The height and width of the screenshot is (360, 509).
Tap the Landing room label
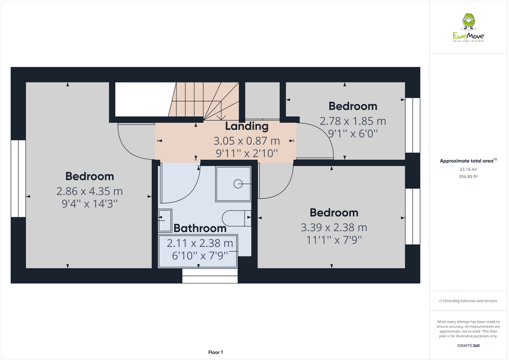pos(247,126)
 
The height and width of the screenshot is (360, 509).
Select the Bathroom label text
pos(200,228)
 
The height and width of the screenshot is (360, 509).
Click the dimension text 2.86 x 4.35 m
pos(89,191)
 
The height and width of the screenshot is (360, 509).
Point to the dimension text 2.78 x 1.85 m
pos(352,121)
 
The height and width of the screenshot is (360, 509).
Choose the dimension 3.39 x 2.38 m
pos(334,228)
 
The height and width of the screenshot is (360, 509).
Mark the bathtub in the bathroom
pos(198,252)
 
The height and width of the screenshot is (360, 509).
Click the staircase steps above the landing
pos(204,101)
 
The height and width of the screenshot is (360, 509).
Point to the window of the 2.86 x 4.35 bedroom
pos(18,179)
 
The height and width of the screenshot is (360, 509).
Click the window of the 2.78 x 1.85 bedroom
pos(413,125)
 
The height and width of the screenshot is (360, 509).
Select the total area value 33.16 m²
pos(468,170)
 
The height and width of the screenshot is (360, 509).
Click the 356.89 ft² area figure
pos(468,177)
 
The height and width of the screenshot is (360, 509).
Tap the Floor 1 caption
pos(215,353)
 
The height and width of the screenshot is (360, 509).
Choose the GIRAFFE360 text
pos(468,345)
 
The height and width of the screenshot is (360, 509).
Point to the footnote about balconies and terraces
pos(468,301)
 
